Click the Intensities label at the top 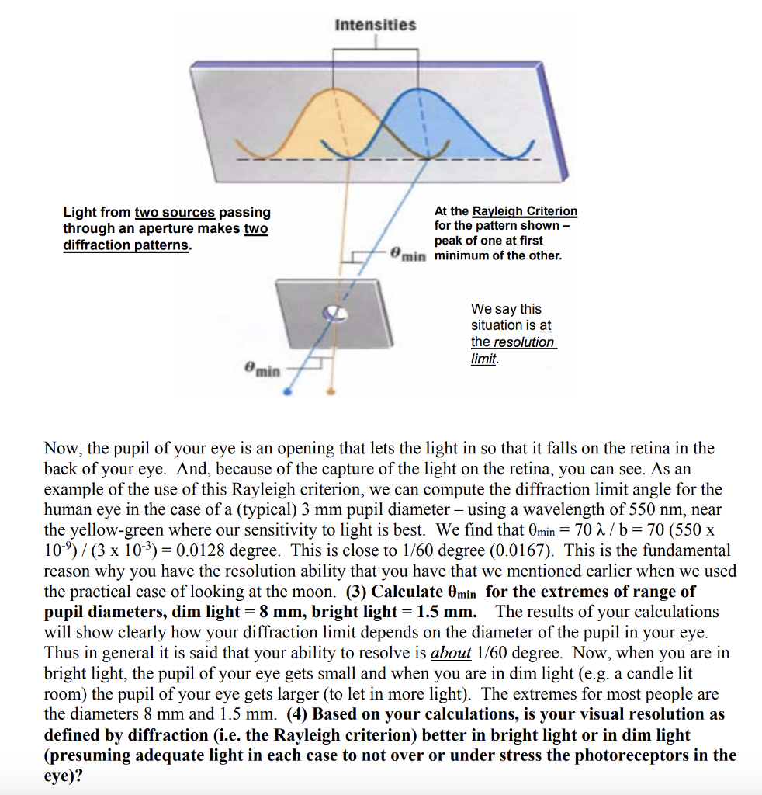375,25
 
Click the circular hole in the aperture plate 335,313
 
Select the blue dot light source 287,393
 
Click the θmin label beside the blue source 263,371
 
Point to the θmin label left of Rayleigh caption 408,254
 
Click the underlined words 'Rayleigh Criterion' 525,211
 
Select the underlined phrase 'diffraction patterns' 126,245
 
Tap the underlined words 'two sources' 175,212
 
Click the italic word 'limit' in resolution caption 483,359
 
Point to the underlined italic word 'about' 450,653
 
